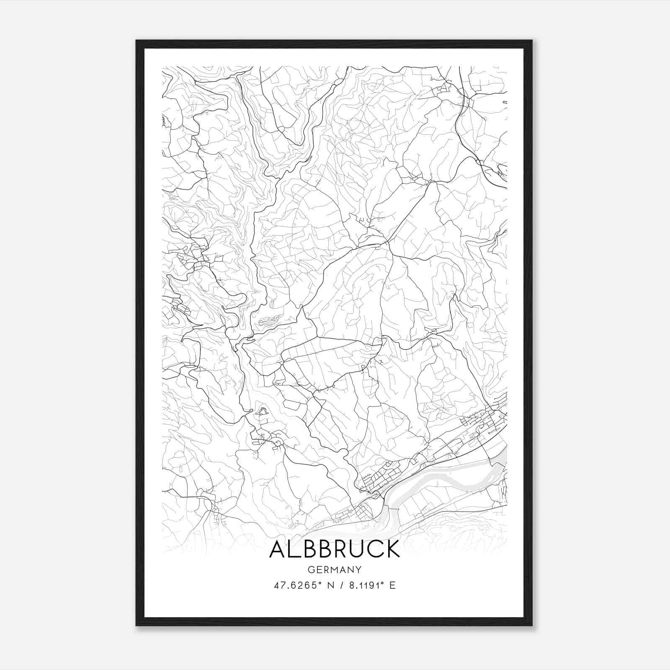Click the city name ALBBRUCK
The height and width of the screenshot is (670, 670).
coord(335,549)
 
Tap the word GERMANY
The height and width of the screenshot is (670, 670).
coord(335,569)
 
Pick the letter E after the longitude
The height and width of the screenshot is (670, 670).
coord(392,585)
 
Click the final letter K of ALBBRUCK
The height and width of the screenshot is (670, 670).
coord(392,549)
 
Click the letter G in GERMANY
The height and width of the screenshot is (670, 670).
coord(311,569)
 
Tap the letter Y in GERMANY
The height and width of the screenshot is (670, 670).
coord(359,569)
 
